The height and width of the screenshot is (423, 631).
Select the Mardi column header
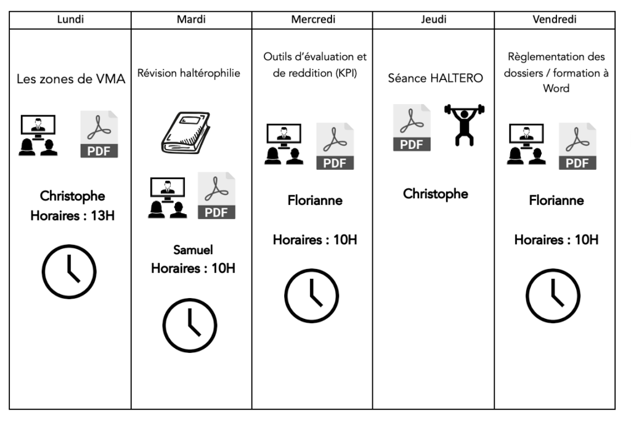(191, 19)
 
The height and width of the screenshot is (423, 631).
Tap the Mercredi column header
(312, 19)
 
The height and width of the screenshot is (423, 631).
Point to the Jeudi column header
(434, 19)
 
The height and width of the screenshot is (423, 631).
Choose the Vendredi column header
(555, 19)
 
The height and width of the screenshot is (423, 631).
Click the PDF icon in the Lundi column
(99, 135)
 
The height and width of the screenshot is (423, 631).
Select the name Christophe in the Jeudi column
(435, 194)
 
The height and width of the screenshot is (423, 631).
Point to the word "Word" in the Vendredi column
(556, 88)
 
